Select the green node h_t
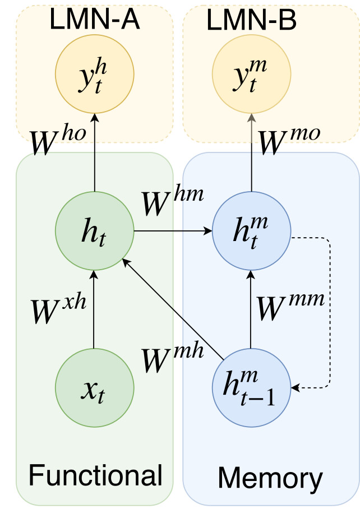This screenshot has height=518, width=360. (94, 230)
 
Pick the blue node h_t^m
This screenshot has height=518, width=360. (251, 230)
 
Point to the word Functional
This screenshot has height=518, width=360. (95, 475)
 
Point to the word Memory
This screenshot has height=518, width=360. (270, 478)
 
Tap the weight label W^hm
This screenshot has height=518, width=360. (172, 202)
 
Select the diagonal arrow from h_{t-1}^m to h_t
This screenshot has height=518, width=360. (174, 308)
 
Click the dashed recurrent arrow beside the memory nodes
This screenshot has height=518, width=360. (330, 314)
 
